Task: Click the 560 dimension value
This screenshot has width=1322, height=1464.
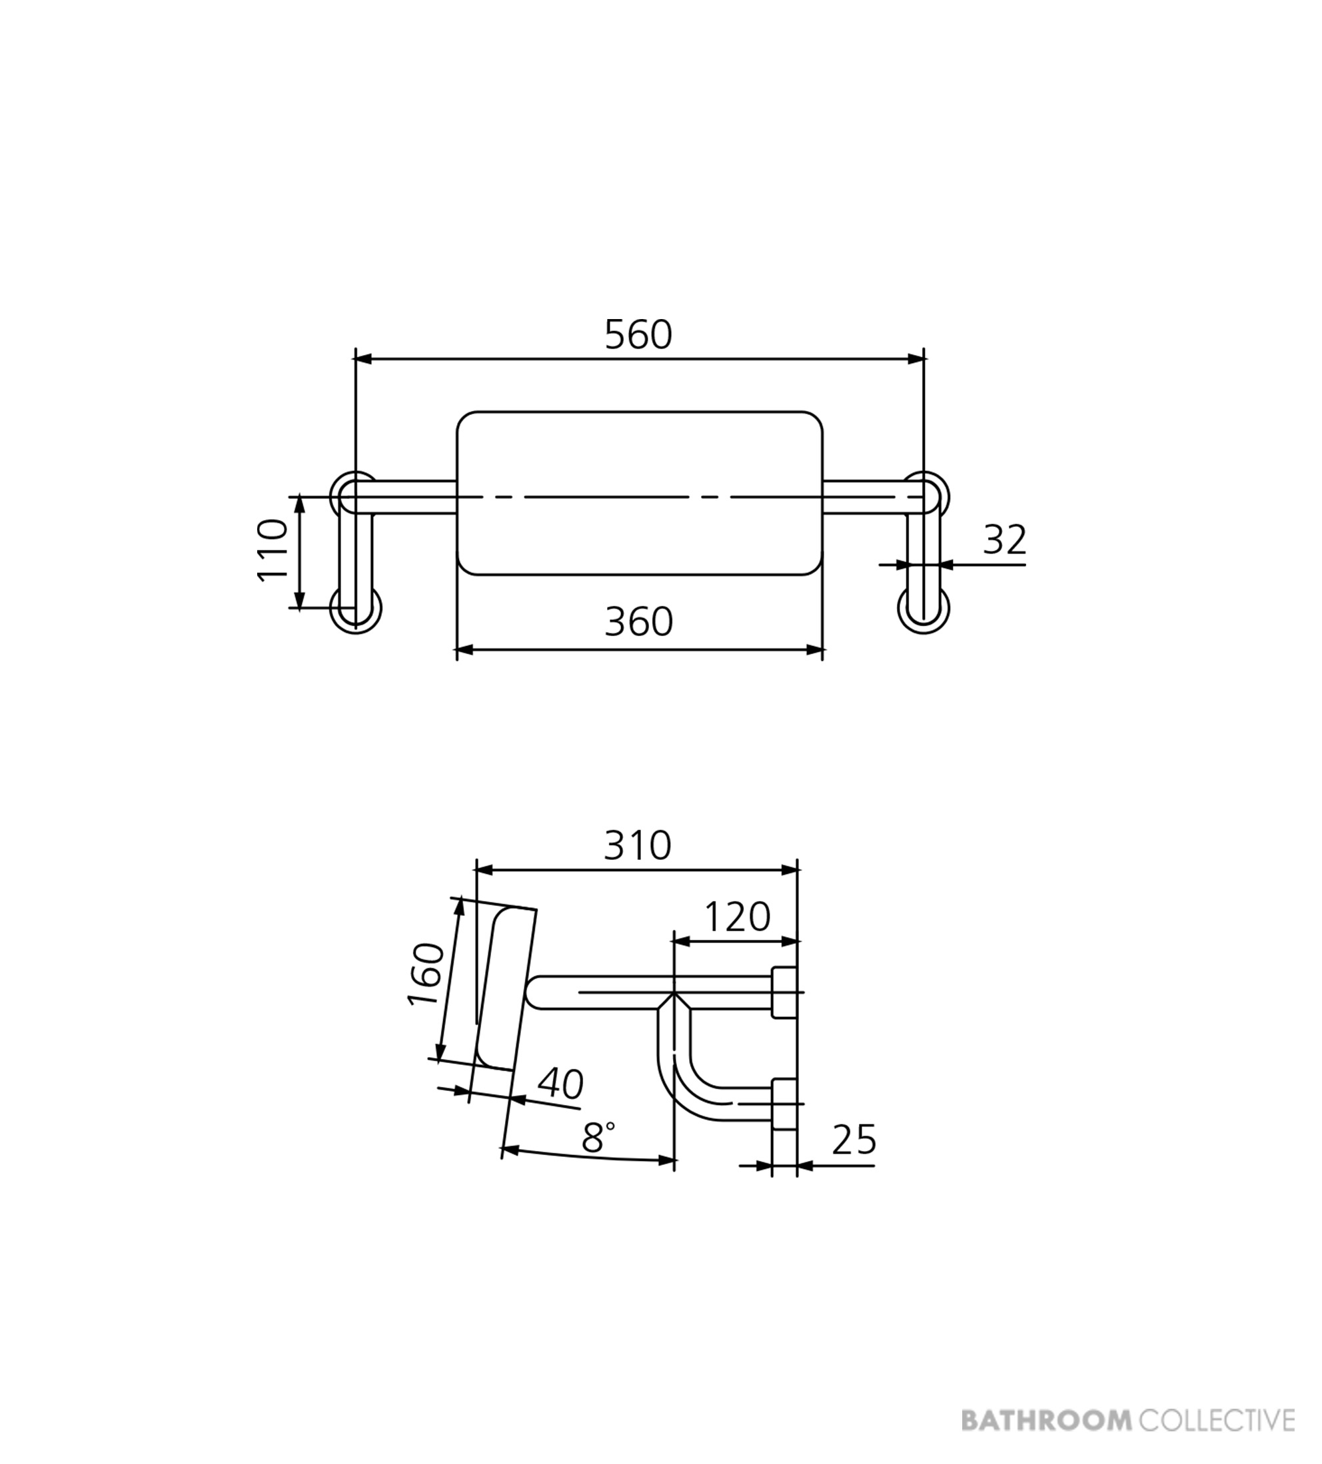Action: (638, 336)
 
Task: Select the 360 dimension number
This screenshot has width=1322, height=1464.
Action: (639, 622)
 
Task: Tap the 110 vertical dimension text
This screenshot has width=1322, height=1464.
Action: (273, 549)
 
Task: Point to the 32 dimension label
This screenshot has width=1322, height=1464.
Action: (1005, 540)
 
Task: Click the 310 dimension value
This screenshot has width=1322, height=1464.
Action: (638, 845)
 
